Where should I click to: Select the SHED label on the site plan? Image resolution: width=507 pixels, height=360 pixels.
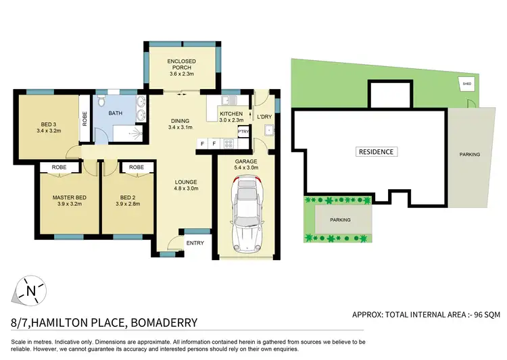coord(465,84)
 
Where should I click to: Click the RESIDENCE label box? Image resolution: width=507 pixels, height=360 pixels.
coord(376,152)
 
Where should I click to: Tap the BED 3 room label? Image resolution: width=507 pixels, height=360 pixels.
coord(47,124)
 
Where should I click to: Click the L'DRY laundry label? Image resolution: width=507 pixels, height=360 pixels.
coord(264,117)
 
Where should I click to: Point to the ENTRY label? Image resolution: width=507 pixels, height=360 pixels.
coord(195,243)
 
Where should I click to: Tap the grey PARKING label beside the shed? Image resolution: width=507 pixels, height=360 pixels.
coord(469,155)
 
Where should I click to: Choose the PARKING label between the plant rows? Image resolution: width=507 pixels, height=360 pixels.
coord(340,220)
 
